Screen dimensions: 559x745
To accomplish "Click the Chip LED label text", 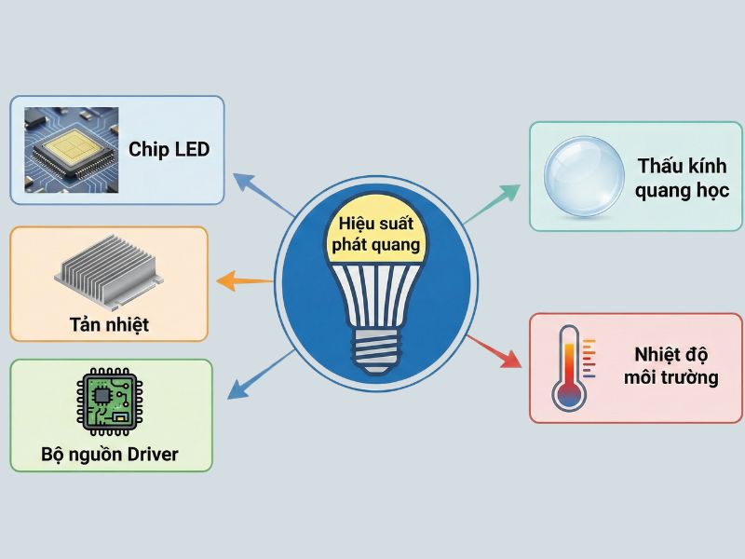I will pos(169,149).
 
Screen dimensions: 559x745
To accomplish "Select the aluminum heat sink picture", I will pos(108,273).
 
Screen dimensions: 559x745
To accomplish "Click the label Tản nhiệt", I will pos(109,325).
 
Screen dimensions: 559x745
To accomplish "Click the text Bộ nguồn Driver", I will pos(110,456).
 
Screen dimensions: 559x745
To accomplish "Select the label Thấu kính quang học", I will pos(683,178).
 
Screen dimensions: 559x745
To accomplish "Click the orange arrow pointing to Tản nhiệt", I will pos(244,279).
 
